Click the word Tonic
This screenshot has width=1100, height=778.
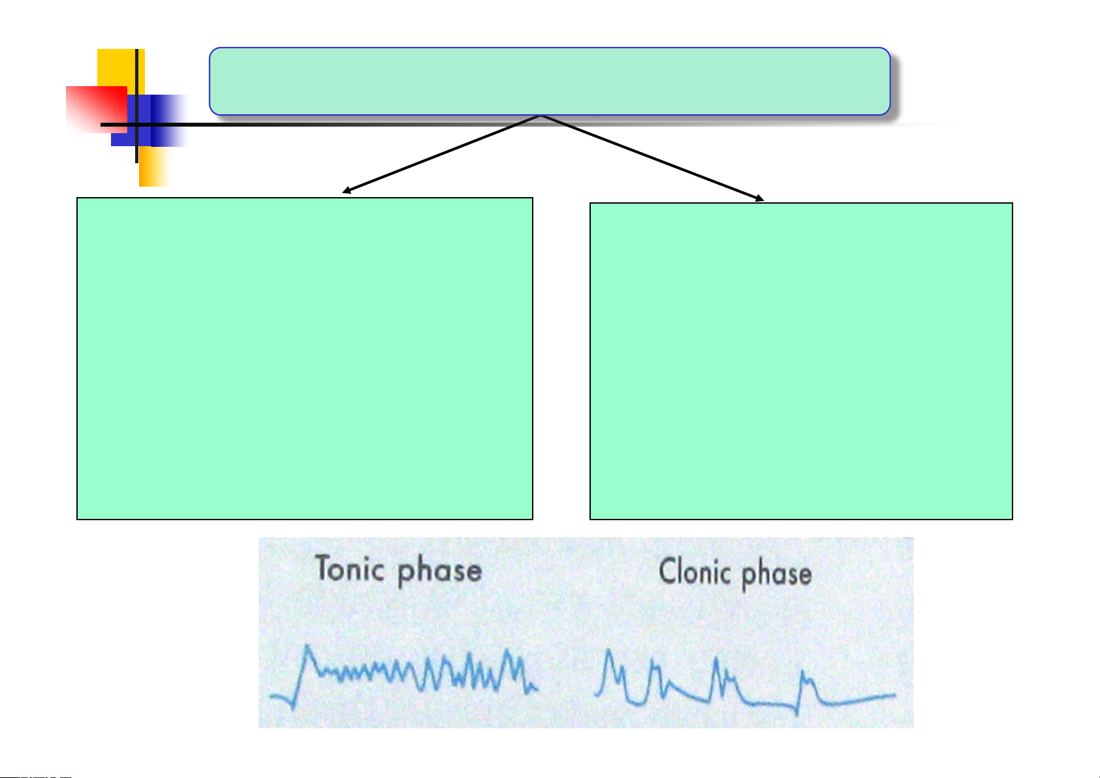click(x=350, y=568)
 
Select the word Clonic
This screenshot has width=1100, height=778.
click(x=695, y=571)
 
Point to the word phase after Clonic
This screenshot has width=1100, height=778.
click(x=777, y=575)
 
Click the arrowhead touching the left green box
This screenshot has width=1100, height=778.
click(x=346, y=191)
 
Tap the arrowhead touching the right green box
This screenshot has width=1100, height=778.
click(x=760, y=198)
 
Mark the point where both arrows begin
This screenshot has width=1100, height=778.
click(x=540, y=116)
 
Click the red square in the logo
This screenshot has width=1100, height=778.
click(x=97, y=110)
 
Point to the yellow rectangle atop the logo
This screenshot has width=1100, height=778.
click(x=121, y=69)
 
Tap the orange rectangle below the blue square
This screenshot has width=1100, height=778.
click(x=154, y=166)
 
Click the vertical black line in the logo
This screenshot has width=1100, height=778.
click(x=136, y=106)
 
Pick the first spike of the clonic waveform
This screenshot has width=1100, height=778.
click(x=609, y=651)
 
